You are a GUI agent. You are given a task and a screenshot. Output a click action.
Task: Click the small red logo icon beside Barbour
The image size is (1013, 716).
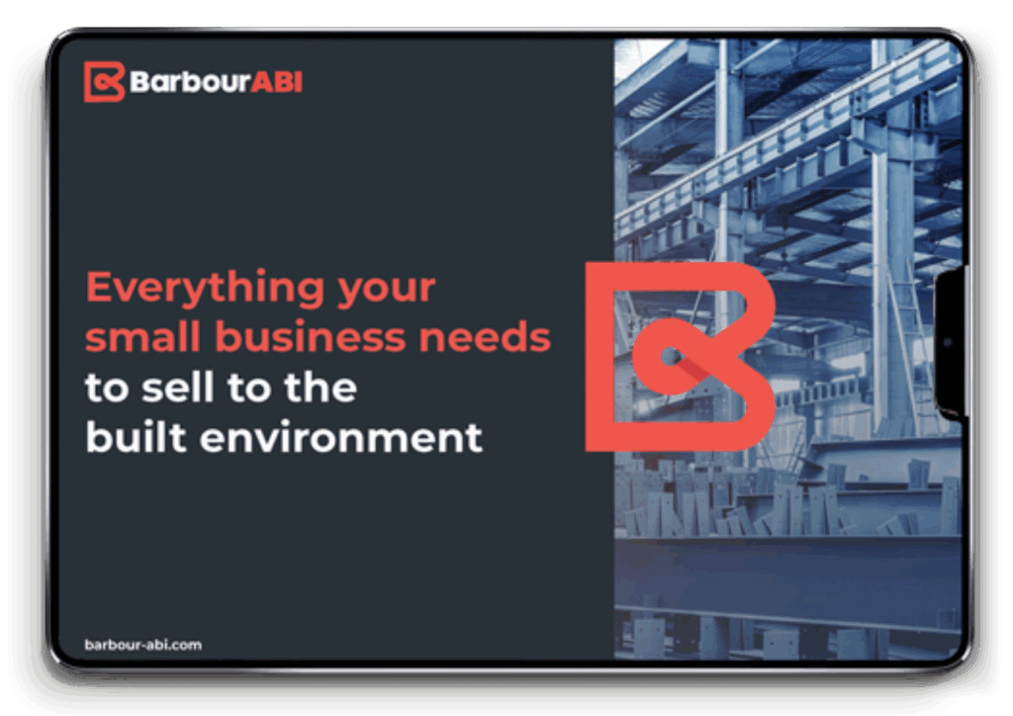[x=103, y=82]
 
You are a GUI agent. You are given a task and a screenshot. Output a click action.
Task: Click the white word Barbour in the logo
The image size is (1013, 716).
[x=190, y=82]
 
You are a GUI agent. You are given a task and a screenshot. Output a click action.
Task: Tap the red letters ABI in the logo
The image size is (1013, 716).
[x=277, y=82]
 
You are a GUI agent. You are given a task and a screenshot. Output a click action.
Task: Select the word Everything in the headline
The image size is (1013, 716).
[x=206, y=288]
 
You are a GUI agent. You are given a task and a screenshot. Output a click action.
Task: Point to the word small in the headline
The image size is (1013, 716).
[x=142, y=336]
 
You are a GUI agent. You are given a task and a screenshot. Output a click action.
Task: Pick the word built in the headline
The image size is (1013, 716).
[x=137, y=437]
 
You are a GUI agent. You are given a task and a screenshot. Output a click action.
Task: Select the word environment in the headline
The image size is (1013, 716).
[x=341, y=438]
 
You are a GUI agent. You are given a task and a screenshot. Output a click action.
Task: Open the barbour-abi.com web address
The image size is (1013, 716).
[x=142, y=645]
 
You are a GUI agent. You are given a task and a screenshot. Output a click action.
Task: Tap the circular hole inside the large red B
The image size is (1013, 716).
[x=669, y=356]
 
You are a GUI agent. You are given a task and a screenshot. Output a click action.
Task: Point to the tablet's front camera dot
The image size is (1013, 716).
[x=948, y=343]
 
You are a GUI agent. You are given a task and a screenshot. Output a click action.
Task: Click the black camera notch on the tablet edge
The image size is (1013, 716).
[x=950, y=343]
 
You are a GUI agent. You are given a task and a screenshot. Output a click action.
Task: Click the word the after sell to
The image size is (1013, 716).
[x=321, y=387]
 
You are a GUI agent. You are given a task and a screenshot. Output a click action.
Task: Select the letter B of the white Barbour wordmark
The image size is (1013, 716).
[x=139, y=82]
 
